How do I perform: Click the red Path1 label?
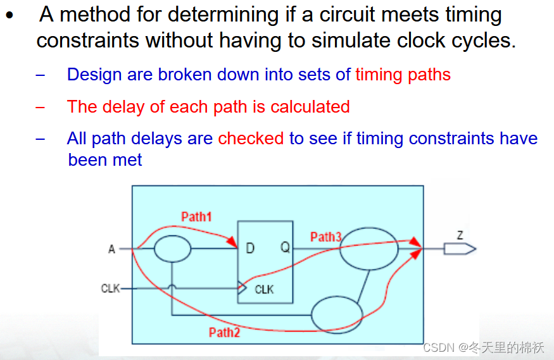196,216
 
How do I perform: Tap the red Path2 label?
224,332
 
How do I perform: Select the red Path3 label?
325,237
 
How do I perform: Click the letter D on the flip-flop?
250,248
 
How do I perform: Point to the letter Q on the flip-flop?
286,248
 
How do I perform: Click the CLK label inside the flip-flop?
264,289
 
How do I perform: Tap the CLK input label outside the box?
110,289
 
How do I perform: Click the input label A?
111,249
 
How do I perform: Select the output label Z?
460,235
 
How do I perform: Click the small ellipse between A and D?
172,248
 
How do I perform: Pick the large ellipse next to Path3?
369,248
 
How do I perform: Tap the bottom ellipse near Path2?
337,314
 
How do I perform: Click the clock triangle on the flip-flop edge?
241,289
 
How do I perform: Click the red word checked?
251,139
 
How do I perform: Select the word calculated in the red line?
310,106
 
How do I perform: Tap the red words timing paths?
403,75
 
